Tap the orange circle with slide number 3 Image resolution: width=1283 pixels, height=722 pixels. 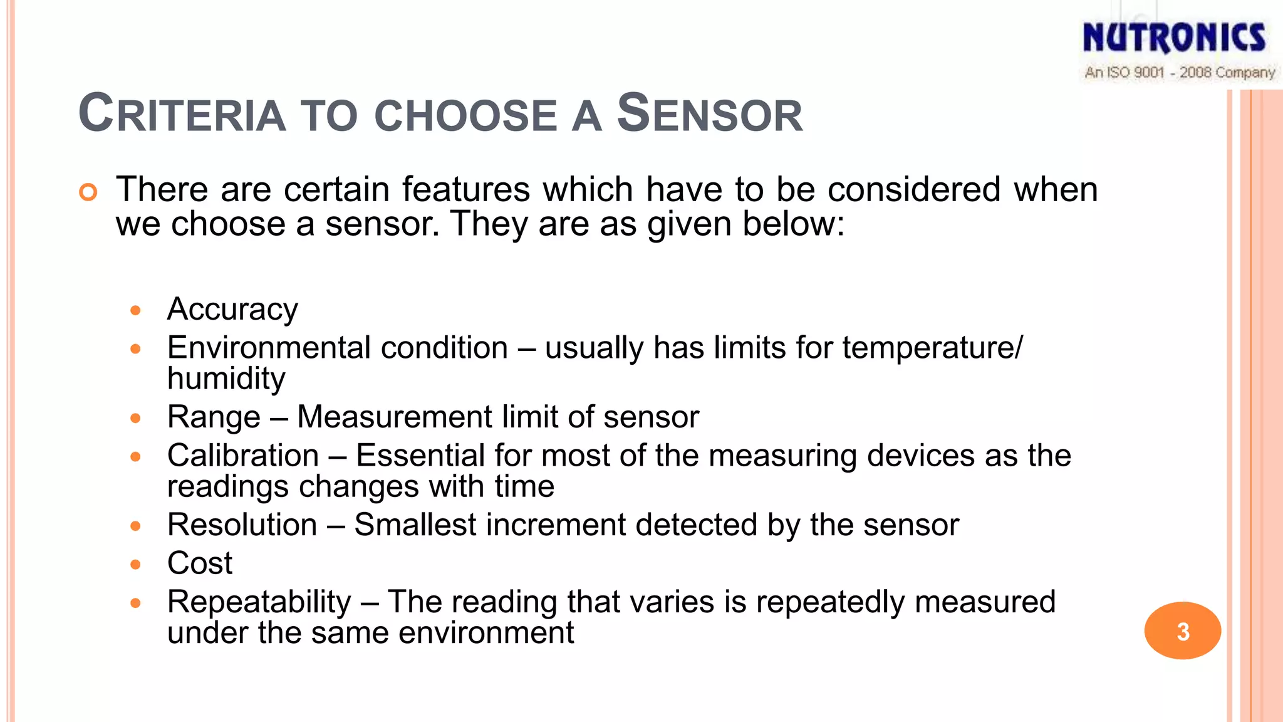1182,630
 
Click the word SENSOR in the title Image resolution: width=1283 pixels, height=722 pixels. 710,113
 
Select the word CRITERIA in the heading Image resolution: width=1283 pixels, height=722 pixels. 182,113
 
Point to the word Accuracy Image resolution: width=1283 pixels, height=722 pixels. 232,310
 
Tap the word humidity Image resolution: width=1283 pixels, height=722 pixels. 226,379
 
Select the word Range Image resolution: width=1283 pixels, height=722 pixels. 214,417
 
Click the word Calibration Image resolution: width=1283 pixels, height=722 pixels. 243,456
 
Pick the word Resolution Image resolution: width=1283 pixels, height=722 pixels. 242,525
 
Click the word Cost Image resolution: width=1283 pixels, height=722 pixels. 200,563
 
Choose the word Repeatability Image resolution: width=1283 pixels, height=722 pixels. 259,602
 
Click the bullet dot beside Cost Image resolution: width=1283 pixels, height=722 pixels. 135,565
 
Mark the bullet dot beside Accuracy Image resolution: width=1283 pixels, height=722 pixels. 135,310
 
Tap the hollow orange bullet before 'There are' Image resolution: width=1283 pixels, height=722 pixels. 88,192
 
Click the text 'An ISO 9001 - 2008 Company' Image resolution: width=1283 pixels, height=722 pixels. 1180,73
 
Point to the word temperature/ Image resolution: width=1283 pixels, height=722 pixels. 932,348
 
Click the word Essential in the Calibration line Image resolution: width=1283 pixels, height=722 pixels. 419,456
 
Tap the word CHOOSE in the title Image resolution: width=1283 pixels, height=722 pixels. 465,116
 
